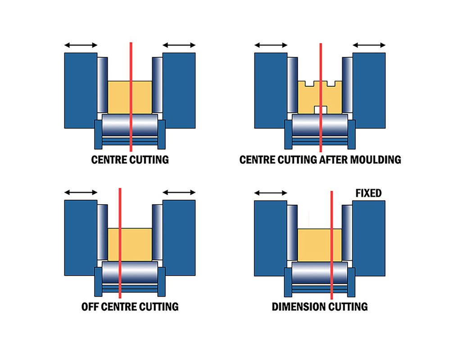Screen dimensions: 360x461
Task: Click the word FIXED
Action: pyautogui.click(x=368, y=193)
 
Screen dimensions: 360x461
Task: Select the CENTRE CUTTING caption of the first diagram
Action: pyautogui.click(x=130, y=159)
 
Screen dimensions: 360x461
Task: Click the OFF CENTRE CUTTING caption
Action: pyautogui.click(x=130, y=307)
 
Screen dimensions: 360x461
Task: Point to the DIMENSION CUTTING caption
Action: pyautogui.click(x=320, y=307)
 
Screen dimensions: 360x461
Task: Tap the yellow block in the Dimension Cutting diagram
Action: pyautogui.click(x=315, y=245)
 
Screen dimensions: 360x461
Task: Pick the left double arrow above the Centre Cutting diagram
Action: pyautogui.click(x=81, y=45)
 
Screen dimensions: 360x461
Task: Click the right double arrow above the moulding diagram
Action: pyautogui.click(x=369, y=45)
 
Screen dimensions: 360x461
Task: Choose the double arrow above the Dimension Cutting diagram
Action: pyautogui.click(x=271, y=193)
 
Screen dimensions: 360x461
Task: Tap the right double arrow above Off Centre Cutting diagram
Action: pyautogui.click(x=179, y=193)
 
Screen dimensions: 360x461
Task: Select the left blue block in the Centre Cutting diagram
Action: pyautogui.click(x=81, y=90)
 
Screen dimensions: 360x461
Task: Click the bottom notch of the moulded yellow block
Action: pyautogui.click(x=320, y=109)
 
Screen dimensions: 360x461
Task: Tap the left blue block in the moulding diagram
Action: pyautogui.click(x=271, y=90)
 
